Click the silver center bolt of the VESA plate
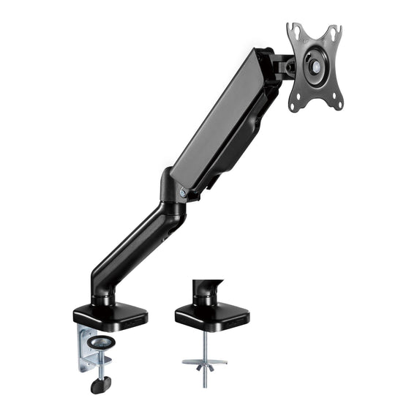(x=315, y=65)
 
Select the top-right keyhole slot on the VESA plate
(x=335, y=32)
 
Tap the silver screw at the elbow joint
(x=181, y=192)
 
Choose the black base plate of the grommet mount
(x=212, y=316)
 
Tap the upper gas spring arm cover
(x=219, y=117)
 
